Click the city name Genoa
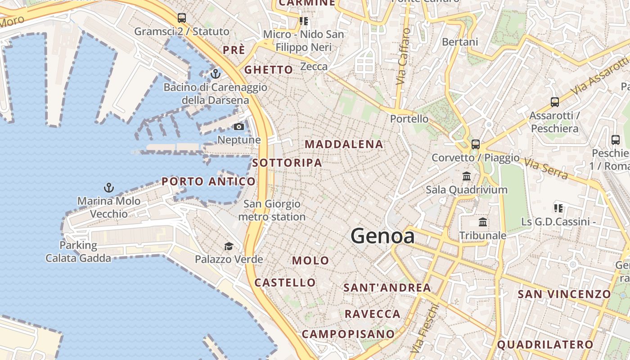point(382,236)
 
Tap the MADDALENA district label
point(344,144)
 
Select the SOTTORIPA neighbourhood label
point(287,163)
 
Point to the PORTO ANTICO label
point(208,181)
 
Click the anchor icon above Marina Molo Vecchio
point(108,188)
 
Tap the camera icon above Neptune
point(239,127)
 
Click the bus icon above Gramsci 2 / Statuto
point(182,18)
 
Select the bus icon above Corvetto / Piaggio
point(476,144)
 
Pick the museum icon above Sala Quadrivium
point(467,176)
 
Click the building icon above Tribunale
point(483,222)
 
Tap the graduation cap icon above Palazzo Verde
point(229,246)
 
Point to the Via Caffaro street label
point(403,56)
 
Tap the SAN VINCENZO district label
point(564,294)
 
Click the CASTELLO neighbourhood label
point(285,283)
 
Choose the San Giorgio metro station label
point(272,210)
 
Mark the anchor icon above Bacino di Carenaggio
point(216,73)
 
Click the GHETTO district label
point(269,70)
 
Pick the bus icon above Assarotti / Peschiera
point(555,102)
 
